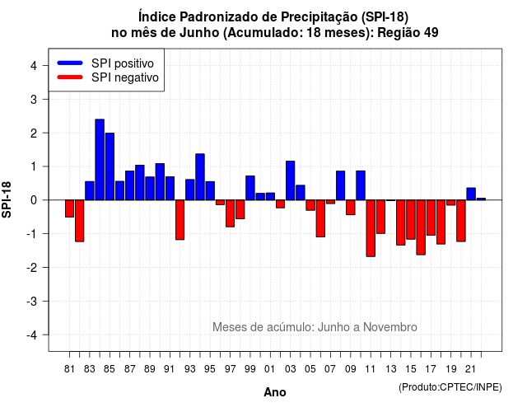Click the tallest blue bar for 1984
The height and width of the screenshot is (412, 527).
100,159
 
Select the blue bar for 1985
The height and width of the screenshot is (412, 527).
110,166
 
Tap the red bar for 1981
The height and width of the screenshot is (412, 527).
69,208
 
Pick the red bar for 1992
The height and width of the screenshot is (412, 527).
180,220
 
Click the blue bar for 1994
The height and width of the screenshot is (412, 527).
200,177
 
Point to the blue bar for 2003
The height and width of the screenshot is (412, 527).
291,180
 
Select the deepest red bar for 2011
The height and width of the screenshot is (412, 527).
371,228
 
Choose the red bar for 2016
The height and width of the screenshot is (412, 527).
421,227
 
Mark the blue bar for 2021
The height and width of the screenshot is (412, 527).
471,194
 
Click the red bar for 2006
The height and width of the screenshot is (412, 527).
320,218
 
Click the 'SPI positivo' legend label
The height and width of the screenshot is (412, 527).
123,63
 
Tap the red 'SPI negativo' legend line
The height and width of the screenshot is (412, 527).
70,77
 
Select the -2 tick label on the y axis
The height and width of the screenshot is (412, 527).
32,268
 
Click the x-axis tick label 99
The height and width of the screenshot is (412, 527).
250,369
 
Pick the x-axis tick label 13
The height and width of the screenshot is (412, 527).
391,369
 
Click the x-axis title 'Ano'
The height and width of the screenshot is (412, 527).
275,392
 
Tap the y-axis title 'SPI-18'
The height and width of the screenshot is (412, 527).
7,199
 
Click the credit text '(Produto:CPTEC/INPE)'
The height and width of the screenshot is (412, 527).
450,387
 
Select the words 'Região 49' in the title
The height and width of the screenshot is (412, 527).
408,33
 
